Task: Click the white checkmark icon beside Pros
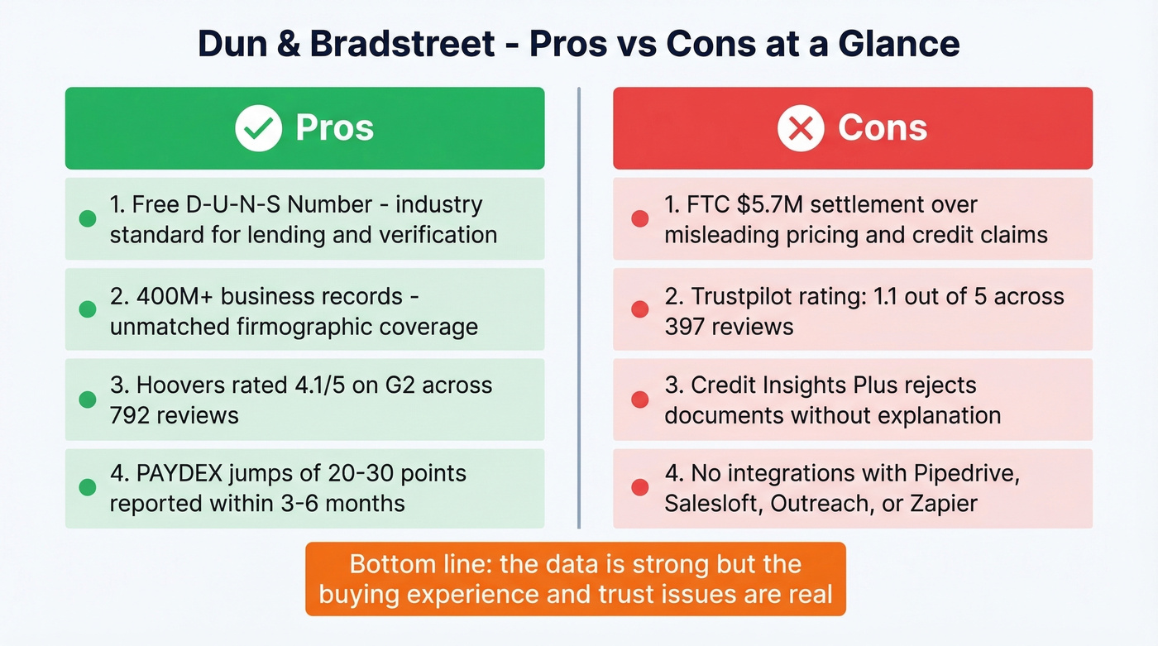258,128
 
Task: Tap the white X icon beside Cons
801,128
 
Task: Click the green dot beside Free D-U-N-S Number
87,219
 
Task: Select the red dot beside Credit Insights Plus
639,400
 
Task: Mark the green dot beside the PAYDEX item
87,488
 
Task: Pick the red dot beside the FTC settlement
639,219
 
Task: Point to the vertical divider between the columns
578,306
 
